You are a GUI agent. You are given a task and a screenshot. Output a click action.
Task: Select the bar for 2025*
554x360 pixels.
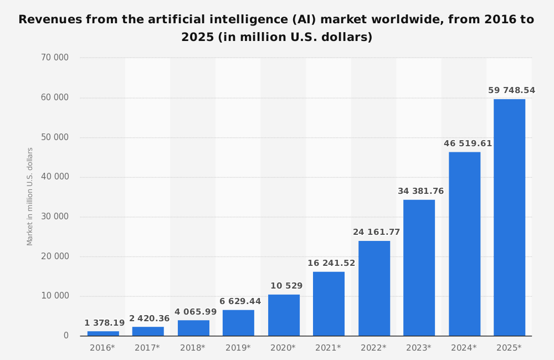pos(509,217)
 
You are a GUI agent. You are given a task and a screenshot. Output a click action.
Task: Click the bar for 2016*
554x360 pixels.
pos(103,333)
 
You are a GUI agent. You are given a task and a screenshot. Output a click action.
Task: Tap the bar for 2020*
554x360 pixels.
pos(284,315)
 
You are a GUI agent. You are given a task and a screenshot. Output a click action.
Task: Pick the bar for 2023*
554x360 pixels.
pos(419,268)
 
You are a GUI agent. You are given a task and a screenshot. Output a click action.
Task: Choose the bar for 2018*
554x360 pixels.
pos(193,328)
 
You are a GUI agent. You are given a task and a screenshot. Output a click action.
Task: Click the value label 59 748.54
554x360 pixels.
pos(511,90)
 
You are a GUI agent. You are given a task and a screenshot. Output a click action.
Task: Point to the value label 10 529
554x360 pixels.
pos(286,286)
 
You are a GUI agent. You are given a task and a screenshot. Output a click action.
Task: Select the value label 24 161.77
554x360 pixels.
pos(376,232)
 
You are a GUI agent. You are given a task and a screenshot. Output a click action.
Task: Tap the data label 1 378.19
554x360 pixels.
pos(105,323)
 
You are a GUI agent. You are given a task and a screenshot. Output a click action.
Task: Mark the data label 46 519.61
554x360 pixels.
pos(468,143)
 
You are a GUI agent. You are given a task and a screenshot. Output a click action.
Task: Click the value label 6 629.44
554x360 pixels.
pos(240,301)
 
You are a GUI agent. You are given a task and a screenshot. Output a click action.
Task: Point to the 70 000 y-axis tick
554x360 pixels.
pos(55,58)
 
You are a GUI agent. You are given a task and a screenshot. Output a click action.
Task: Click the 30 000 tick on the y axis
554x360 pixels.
pos(55,217)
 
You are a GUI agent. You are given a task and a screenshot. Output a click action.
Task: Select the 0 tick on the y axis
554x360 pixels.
pos(66,336)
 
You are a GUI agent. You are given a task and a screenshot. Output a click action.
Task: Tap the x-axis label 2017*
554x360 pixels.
pos(147,348)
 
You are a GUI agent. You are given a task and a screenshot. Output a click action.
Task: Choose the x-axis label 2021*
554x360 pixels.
pos(328,348)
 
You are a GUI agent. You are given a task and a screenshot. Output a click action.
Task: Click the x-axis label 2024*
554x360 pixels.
pos(464,348)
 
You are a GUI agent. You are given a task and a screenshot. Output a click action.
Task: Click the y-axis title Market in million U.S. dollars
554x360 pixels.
pos(30,196)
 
